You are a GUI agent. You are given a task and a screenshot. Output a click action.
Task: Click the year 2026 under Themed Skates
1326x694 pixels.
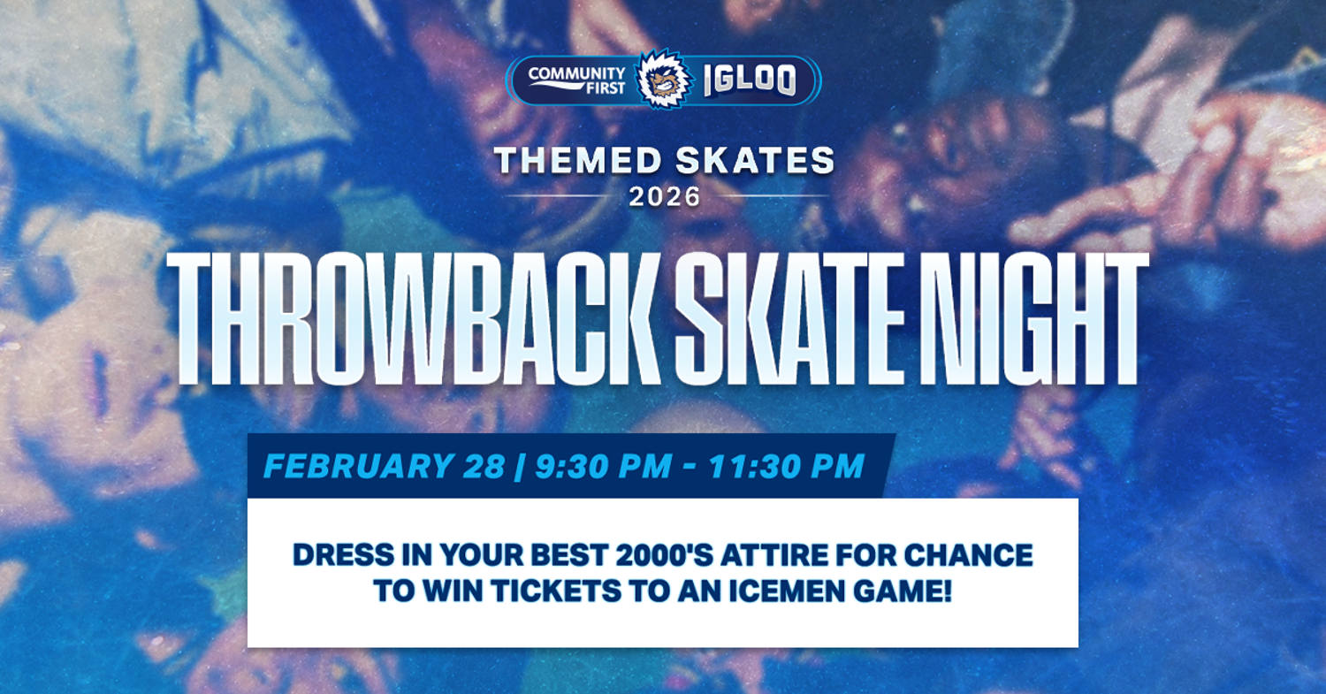664,195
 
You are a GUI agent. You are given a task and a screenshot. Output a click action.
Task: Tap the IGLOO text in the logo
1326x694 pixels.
750,80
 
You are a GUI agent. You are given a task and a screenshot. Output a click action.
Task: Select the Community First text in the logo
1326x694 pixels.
576,80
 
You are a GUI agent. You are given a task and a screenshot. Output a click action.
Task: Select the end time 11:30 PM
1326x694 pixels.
787,466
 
